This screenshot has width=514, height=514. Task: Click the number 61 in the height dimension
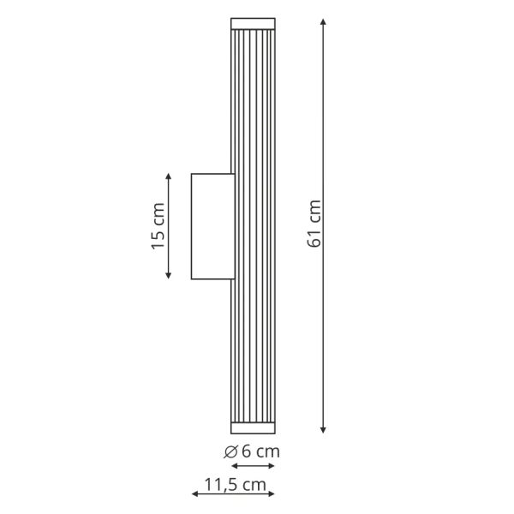coord(314,238)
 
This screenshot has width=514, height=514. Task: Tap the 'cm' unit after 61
coord(314,213)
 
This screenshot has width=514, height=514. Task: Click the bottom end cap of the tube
coord(253,427)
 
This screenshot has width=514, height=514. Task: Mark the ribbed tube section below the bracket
coord(253,351)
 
